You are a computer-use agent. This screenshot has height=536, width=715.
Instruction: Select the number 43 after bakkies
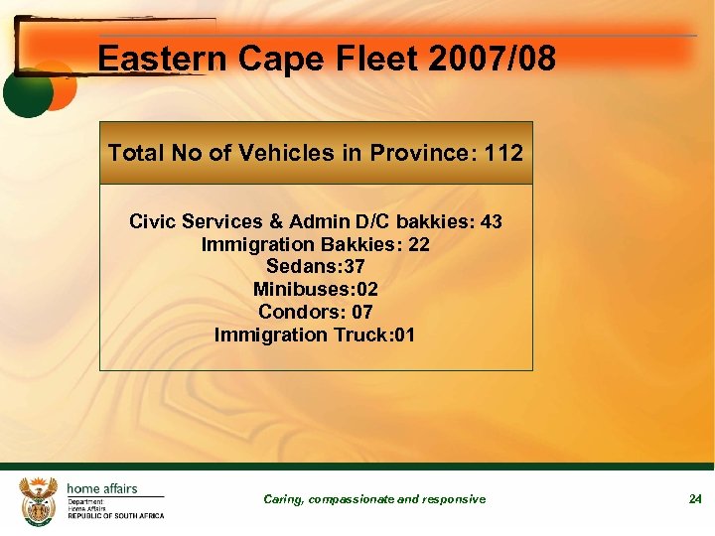click(491, 221)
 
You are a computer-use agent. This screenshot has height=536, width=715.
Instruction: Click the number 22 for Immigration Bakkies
click(418, 244)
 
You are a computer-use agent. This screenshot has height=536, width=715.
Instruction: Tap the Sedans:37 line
click(316, 267)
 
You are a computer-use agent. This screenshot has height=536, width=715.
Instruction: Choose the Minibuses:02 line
click(316, 290)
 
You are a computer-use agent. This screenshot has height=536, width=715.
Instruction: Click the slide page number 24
click(695, 499)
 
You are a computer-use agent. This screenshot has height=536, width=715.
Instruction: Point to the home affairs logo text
click(102, 488)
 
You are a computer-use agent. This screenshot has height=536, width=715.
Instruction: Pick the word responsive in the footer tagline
click(454, 499)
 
